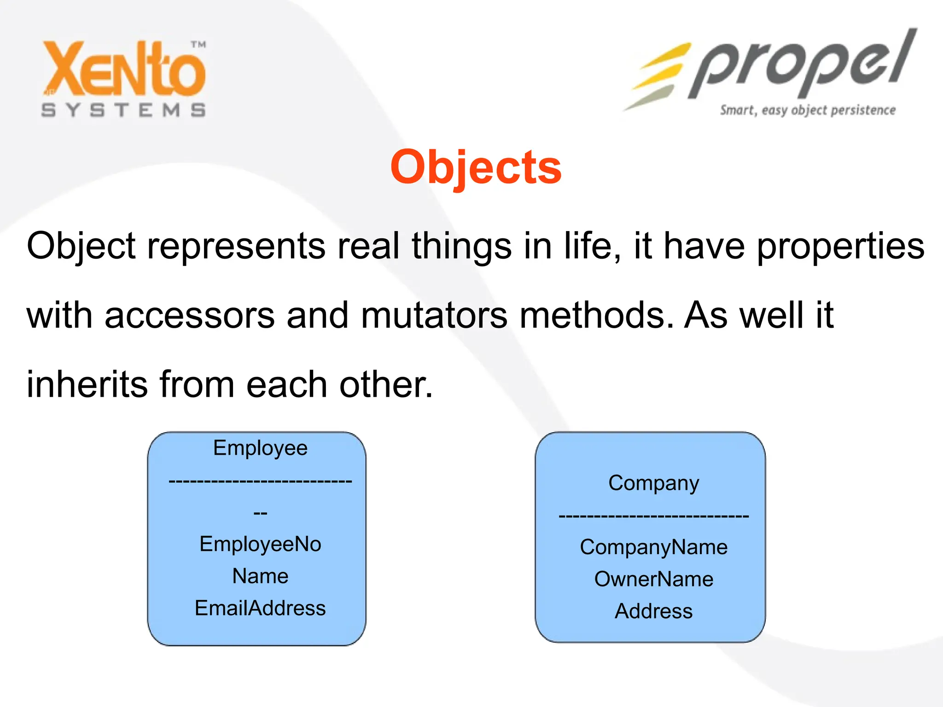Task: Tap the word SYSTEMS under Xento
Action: tap(123, 110)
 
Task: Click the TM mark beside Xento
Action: tap(198, 45)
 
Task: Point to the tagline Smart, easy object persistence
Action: tap(808, 110)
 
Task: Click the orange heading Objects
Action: tap(476, 168)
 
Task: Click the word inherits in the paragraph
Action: tap(87, 384)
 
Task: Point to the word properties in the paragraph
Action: tap(840, 246)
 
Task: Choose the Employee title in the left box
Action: tap(260, 448)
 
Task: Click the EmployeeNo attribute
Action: tap(260, 544)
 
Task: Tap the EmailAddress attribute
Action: tap(260, 608)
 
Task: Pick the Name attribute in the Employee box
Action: tap(260, 576)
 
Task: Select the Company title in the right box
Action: tap(653, 483)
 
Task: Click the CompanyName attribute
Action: tap(653, 547)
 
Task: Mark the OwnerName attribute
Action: tap(653, 579)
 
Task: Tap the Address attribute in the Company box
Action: tap(653, 611)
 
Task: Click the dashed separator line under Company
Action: tap(653, 516)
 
